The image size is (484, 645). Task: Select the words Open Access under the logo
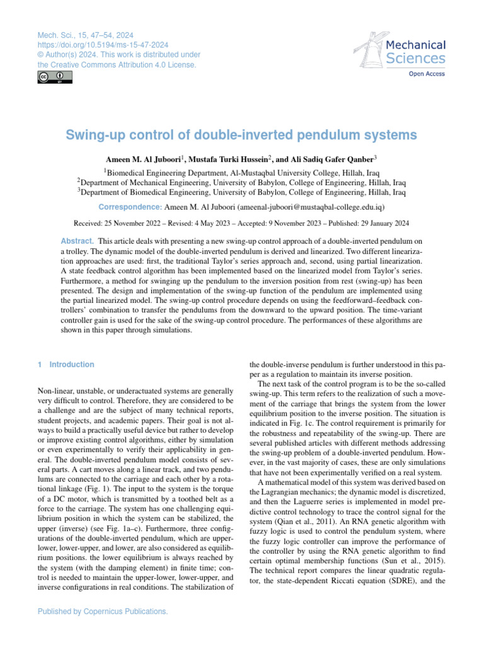tap(427, 74)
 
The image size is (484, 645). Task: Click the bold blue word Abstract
tap(77, 241)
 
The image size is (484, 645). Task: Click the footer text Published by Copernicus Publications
tap(103, 611)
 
